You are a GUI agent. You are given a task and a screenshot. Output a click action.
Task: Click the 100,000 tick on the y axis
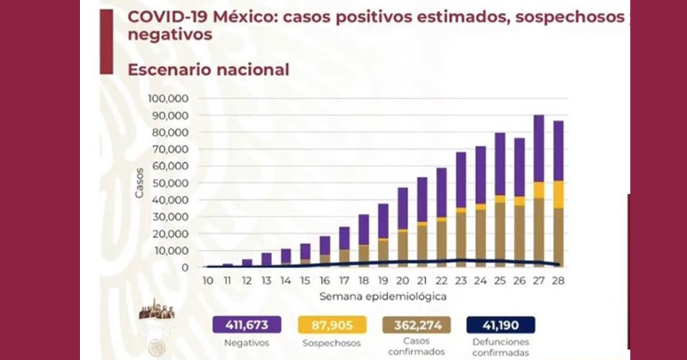167,99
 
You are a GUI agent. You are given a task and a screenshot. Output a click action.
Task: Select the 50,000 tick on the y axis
170,183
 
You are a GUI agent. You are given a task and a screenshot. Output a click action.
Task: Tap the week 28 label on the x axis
558,281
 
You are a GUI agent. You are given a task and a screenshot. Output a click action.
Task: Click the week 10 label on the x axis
208,281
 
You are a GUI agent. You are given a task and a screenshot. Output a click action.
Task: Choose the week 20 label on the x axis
403,281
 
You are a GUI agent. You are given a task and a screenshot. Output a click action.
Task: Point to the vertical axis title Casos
140,183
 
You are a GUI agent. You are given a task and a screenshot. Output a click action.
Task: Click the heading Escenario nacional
209,70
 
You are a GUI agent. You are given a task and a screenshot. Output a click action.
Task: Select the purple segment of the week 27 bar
538,148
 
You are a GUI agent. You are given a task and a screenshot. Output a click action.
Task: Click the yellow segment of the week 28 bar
558,194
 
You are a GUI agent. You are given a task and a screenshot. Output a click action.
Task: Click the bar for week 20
403,228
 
